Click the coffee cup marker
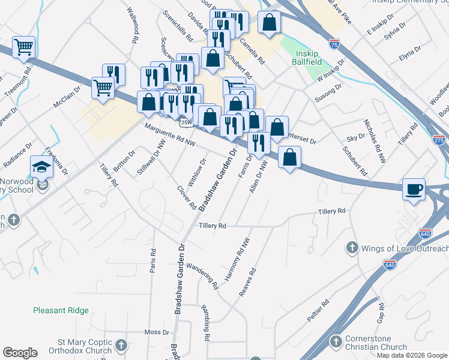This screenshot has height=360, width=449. (414, 190)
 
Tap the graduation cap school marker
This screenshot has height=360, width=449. (41, 166)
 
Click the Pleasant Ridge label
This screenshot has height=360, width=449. (61, 310)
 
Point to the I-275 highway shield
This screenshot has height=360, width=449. (438, 139)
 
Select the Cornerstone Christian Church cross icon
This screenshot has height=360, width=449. (336, 342)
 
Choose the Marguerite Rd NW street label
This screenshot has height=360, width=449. (170, 134)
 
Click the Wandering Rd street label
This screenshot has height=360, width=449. (201, 275)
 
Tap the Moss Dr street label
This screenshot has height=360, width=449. (157, 332)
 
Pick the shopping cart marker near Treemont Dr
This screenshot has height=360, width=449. (23, 46)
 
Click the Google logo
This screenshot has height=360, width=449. (20, 353)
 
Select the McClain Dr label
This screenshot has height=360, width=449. (67, 96)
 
